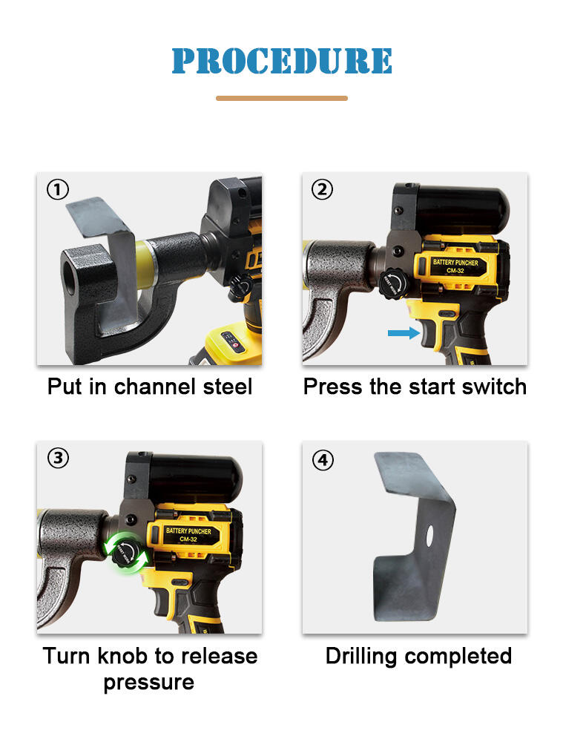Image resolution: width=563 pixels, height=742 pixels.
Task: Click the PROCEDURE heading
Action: tap(282, 61)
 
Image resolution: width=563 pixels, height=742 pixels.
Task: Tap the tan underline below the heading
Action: tap(282, 99)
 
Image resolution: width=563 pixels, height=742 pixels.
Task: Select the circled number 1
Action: tap(58, 190)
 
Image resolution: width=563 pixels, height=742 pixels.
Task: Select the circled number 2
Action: tap(322, 189)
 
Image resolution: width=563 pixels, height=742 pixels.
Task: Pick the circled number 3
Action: tap(58, 458)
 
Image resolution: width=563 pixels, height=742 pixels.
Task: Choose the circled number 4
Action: tap(323, 460)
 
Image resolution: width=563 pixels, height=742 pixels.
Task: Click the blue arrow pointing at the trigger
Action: tap(404, 333)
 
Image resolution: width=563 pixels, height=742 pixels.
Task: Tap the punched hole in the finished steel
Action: tap(429, 535)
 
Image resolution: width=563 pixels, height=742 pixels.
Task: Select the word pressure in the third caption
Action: tap(149, 683)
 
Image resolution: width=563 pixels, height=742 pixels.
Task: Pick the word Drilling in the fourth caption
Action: tap(361, 657)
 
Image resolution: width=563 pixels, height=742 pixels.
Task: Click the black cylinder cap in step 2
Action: tap(462, 209)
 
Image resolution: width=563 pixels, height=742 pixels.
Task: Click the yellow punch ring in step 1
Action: tap(144, 265)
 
